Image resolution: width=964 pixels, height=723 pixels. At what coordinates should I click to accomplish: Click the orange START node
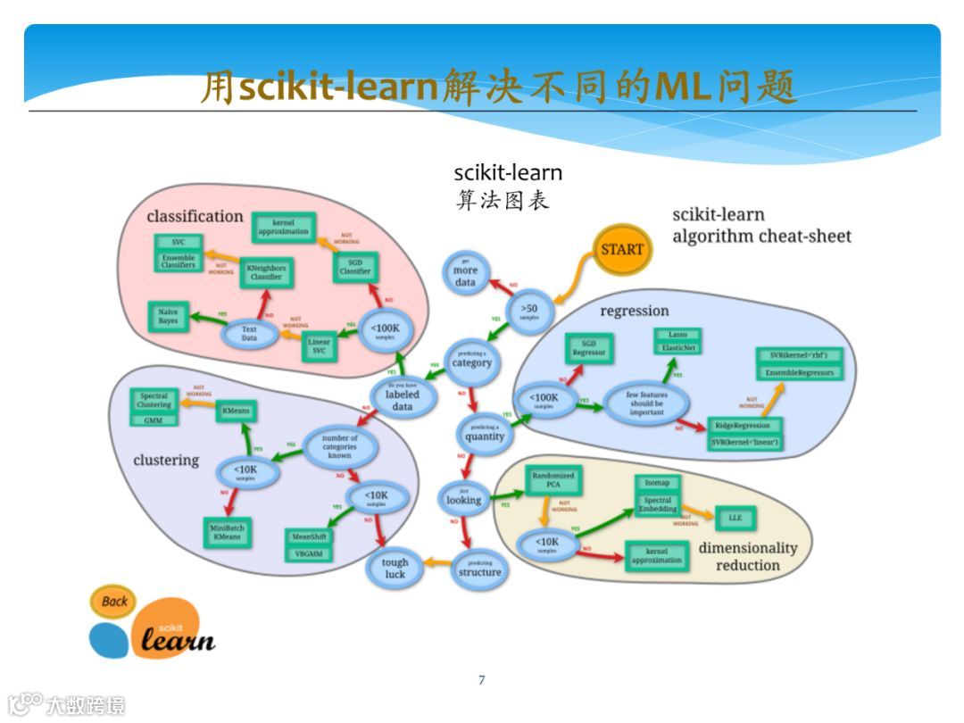[x=622, y=249]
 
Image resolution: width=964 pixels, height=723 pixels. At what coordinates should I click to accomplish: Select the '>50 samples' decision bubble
[x=529, y=312]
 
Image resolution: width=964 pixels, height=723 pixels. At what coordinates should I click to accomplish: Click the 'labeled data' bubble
[x=403, y=398]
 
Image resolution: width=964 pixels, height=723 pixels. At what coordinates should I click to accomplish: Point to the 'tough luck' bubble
[x=395, y=567]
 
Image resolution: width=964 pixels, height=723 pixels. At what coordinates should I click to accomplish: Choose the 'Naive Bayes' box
[x=169, y=316]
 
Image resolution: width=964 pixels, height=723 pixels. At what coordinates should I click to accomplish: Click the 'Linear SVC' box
[x=319, y=346]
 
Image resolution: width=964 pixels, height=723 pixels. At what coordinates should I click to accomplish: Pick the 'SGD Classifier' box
[x=355, y=266]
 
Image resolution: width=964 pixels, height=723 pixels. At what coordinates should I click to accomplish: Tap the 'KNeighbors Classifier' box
[x=266, y=271]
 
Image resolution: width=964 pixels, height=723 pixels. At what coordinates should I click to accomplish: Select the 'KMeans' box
[x=237, y=411]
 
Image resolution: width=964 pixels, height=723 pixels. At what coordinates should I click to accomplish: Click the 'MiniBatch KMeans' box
[x=228, y=533]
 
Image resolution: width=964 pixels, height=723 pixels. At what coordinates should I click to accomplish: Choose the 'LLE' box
[x=735, y=518]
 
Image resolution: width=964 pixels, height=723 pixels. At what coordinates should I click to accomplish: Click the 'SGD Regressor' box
[x=589, y=348]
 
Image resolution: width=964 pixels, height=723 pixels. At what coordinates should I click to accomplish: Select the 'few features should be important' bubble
[x=646, y=403]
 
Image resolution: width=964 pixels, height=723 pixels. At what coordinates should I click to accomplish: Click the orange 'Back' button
[x=113, y=601]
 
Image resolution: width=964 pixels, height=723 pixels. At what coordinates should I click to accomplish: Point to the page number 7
[x=482, y=680]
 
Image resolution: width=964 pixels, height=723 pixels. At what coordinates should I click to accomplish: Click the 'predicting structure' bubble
[x=479, y=569]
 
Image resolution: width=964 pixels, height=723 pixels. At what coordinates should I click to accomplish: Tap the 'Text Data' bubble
[x=249, y=335]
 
